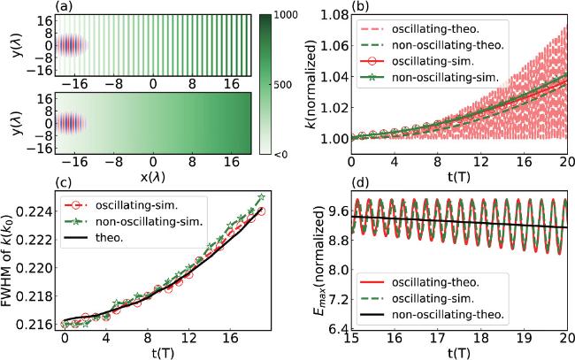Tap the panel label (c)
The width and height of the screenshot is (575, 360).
[x=63, y=184]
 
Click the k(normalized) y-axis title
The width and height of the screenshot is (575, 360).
[x=308, y=86]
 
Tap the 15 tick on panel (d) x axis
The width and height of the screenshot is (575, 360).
[x=352, y=341]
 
